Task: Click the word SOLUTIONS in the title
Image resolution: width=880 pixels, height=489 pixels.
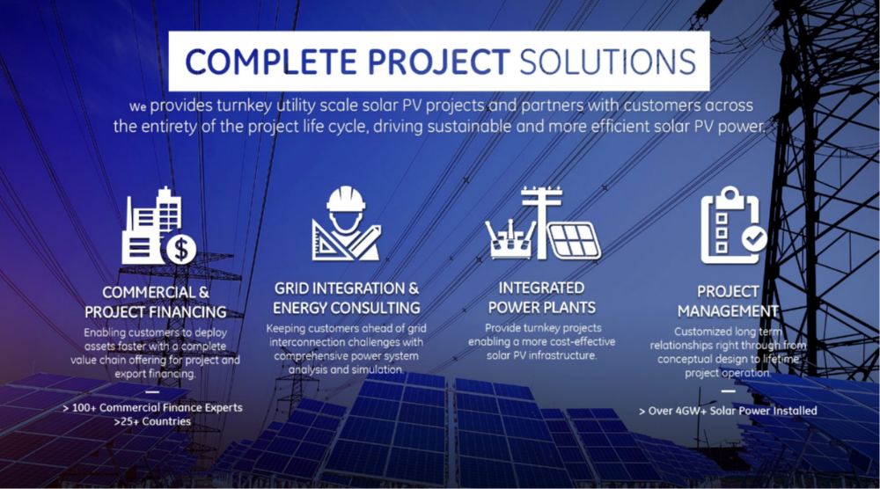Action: pos(608,62)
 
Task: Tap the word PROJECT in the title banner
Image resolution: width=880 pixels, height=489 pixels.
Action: pos(438,62)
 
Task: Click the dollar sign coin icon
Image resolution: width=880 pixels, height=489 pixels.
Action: pos(180,249)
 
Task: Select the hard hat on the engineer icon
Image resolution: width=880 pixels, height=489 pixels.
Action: pos(346,199)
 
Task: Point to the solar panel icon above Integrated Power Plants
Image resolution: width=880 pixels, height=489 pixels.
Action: pos(574,241)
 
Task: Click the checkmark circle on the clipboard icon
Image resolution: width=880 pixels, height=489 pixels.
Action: pos(754,239)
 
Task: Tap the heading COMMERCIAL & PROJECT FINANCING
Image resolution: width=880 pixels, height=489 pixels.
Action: pos(156,302)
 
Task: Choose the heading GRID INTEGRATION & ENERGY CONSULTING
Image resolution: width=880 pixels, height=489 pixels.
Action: pos(346,298)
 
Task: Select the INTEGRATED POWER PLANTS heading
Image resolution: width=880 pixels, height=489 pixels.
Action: pos(541,297)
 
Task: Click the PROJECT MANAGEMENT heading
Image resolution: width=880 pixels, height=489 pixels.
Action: pos(728,301)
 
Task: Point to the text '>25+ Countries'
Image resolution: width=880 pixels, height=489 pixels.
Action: pos(152,421)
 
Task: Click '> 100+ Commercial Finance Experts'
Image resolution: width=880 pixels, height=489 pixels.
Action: pos(152,408)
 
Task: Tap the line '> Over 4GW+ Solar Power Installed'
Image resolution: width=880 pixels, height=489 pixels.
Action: pos(728,411)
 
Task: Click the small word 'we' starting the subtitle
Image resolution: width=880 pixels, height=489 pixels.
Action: pos(137,106)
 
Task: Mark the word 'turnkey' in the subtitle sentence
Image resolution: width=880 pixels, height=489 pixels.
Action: pos(244,106)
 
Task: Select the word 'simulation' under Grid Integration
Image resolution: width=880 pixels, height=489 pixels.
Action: pos(376,369)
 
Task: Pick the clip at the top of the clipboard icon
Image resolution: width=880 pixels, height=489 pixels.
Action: pos(730,196)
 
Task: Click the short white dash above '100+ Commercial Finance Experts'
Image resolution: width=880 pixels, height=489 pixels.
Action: pos(152,391)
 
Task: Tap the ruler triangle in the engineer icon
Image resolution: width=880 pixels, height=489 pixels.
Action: pos(328,241)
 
